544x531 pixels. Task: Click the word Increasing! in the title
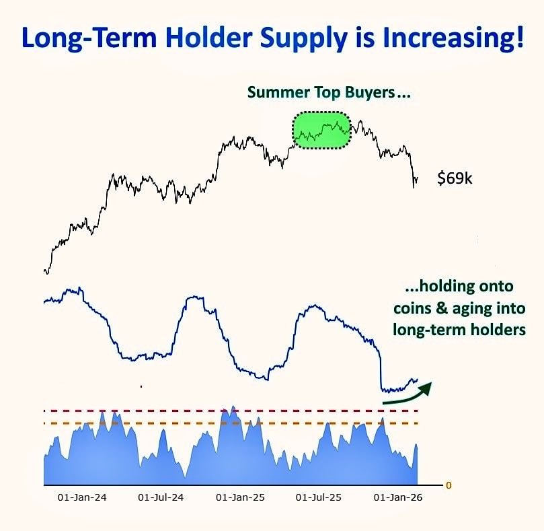[453, 38]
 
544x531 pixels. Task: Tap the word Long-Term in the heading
[89, 38]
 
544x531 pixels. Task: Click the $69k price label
[455, 178]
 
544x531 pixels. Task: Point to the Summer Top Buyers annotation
[329, 92]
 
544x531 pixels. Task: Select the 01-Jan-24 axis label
[82, 497]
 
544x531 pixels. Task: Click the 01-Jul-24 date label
[161, 497]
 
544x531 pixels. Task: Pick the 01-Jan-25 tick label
[240, 497]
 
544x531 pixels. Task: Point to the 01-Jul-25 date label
[319, 497]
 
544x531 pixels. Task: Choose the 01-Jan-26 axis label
[398, 497]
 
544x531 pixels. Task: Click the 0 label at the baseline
[449, 485]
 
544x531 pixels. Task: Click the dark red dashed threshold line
[231, 411]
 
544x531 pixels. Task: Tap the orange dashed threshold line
[231, 423]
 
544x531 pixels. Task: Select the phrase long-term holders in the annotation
[459, 329]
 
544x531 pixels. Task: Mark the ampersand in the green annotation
[441, 308]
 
